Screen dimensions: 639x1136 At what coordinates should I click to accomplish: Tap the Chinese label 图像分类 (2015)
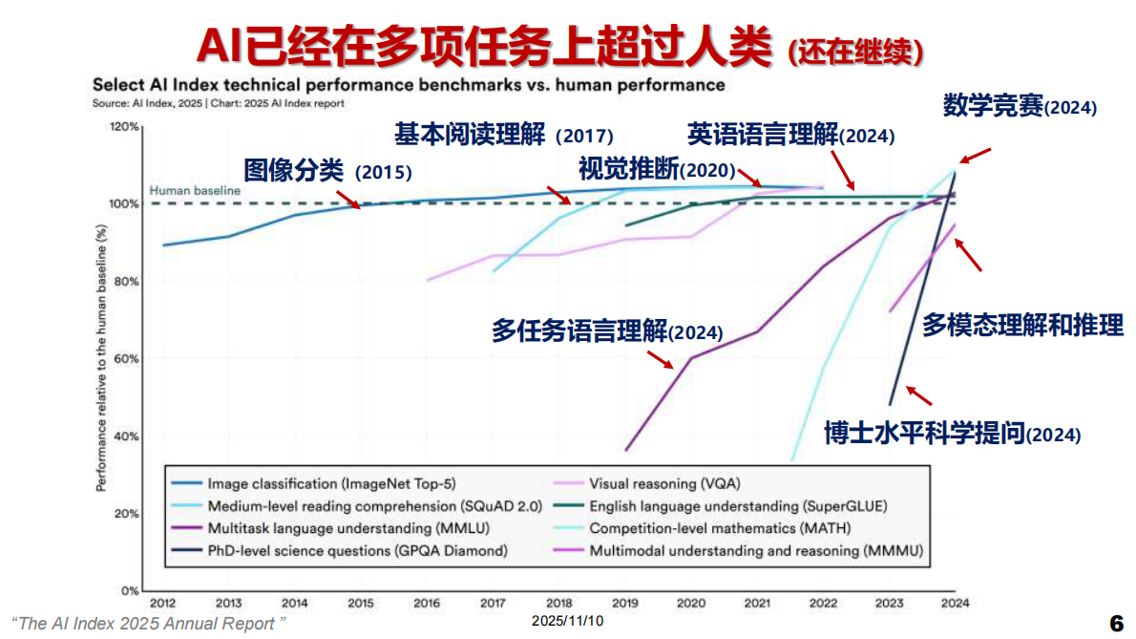point(327,172)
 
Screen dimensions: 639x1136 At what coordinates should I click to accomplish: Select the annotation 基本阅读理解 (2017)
point(504,136)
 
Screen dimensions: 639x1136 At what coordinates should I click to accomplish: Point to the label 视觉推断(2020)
point(658,170)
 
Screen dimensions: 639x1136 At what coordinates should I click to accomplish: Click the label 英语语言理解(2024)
point(791,135)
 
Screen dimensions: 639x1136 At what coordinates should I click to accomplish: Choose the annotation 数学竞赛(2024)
point(1020,106)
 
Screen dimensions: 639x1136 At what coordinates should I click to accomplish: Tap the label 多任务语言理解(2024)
point(607,331)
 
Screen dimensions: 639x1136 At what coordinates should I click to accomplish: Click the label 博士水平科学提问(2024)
point(953,434)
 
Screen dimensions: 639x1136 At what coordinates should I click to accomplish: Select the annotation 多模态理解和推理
point(1022,325)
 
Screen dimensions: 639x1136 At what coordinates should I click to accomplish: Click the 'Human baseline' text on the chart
point(195,191)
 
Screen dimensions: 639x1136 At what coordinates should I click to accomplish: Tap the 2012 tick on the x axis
point(162,603)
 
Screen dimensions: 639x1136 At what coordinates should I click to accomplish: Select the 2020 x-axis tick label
point(690,603)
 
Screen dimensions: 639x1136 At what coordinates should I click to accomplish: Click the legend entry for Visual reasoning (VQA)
point(664,483)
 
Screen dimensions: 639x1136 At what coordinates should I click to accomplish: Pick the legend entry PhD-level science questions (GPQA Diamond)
point(357,551)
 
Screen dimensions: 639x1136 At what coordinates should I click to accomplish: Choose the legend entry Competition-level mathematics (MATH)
point(719,528)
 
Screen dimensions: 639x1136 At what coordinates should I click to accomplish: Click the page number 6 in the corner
point(1115,623)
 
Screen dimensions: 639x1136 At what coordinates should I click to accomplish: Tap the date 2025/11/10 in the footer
point(568,621)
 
